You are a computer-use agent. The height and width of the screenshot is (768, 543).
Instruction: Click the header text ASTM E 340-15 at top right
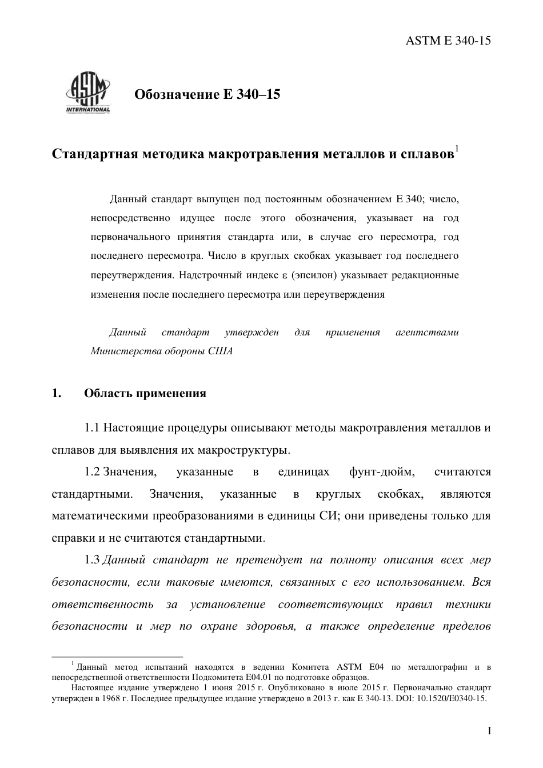pyautogui.click(x=448, y=40)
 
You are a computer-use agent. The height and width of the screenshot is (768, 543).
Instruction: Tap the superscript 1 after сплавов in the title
pyautogui.click(x=457, y=150)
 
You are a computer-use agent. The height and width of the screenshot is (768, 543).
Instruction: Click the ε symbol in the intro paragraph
pyautogui.click(x=284, y=275)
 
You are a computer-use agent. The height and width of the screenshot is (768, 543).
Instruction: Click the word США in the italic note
pyautogui.click(x=222, y=351)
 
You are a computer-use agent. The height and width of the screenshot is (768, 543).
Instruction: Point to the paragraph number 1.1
pyautogui.click(x=93, y=427)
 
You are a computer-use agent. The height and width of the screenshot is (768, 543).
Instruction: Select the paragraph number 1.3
pyautogui.click(x=93, y=560)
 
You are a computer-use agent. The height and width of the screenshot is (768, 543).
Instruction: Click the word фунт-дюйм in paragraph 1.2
pyautogui.click(x=381, y=472)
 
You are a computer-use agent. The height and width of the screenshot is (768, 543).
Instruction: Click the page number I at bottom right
pyautogui.click(x=489, y=731)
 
